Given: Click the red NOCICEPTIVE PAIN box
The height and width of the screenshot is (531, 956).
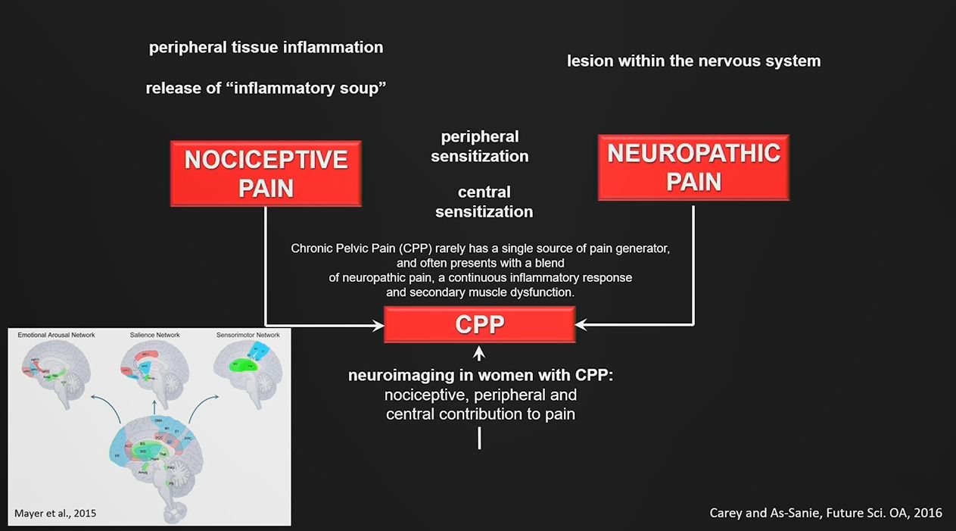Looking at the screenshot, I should click(x=266, y=173).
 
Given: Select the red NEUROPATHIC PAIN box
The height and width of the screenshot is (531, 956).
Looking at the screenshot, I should click(x=693, y=167).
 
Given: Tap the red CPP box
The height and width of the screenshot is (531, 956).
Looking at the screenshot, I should click(x=479, y=324).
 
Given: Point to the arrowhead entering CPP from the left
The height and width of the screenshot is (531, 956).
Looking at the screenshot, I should click(x=378, y=326).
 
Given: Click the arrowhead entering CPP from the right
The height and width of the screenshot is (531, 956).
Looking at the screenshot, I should click(x=581, y=325).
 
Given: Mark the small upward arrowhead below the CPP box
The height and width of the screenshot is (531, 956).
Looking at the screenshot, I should click(x=479, y=352).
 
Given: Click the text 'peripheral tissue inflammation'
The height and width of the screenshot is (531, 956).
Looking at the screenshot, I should click(x=266, y=47).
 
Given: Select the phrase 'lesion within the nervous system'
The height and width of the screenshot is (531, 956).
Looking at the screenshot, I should click(x=693, y=61).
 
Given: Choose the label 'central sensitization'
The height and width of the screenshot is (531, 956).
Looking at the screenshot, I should click(x=484, y=201).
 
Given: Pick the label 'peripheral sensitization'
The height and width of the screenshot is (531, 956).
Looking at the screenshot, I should click(x=480, y=146).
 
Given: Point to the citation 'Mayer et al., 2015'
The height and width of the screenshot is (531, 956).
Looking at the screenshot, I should click(x=55, y=514).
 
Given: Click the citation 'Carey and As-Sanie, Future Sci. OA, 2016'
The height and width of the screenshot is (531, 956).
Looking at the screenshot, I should click(x=826, y=513).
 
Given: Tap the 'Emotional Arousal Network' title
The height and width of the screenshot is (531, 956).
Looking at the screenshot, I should click(x=57, y=335).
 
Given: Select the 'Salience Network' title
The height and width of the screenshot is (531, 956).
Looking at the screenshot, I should click(x=154, y=335).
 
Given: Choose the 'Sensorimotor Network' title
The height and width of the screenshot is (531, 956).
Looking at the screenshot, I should click(x=247, y=335).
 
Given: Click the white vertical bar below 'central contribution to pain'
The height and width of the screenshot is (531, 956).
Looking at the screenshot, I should click(x=479, y=438).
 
